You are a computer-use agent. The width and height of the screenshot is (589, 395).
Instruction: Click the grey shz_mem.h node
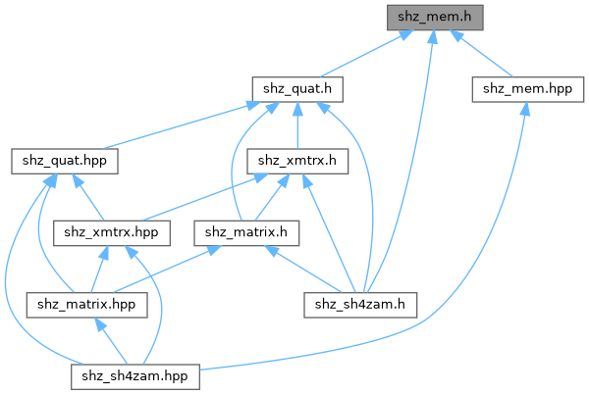[x=435, y=17]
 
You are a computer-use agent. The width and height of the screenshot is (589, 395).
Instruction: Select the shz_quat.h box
[x=297, y=89]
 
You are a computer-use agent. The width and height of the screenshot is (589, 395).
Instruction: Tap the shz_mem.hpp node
[x=524, y=89]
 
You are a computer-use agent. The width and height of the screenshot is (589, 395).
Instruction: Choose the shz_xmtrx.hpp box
[x=112, y=232]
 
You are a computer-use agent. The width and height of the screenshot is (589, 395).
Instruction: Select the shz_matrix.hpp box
[x=87, y=304]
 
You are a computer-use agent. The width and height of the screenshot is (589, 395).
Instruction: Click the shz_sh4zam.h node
[x=366, y=304]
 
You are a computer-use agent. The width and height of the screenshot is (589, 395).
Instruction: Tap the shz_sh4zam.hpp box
[x=135, y=376]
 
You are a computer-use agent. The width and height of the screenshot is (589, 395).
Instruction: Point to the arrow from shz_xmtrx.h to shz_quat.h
[x=297, y=125]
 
